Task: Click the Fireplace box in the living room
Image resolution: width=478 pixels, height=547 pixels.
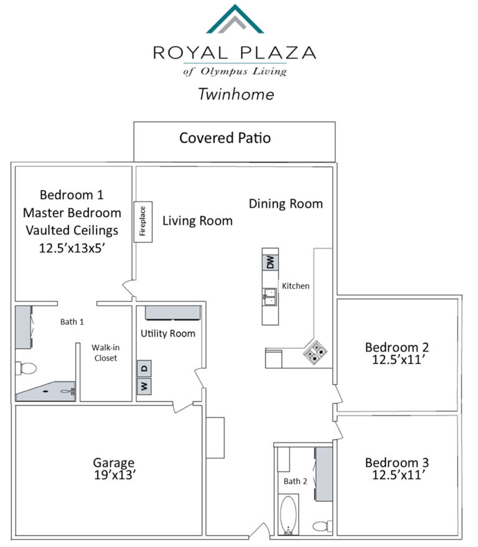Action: [143, 222]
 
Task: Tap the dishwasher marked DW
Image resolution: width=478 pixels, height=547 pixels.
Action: [270, 263]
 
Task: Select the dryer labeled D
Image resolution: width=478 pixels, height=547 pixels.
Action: [144, 368]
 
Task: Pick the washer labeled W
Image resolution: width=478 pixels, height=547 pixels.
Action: [144, 386]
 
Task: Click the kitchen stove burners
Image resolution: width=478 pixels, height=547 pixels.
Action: [315, 352]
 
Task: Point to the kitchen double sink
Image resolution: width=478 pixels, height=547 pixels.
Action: [269, 297]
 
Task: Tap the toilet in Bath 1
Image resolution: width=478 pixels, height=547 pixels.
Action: [26, 368]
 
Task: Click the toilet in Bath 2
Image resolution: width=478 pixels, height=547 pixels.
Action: [322, 526]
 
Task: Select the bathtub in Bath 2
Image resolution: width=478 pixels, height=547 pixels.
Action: [289, 515]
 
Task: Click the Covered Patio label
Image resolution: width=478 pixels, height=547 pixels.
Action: [225, 138]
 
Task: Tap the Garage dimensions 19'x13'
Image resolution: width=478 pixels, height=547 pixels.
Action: [115, 475]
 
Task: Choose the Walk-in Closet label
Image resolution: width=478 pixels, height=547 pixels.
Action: [105, 353]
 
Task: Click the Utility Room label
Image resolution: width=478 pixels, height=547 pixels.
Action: [168, 334]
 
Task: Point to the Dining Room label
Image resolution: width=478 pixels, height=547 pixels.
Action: [286, 203]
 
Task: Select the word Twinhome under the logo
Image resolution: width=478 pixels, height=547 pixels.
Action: [237, 94]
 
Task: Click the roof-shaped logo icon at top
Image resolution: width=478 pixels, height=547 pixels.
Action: [235, 19]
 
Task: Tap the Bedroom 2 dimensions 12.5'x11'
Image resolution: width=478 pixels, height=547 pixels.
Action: [398, 359]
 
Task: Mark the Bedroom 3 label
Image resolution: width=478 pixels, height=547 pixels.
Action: [396, 462]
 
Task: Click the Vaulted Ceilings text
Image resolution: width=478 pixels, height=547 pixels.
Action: [72, 231]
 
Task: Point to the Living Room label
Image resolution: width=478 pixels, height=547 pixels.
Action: [197, 221]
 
